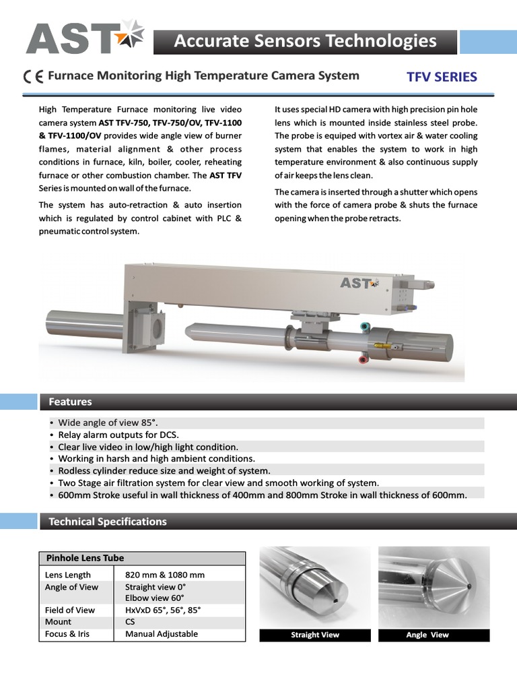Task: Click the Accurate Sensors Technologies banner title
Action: (x=305, y=41)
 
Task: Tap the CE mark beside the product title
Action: (x=33, y=76)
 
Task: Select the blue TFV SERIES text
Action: (x=442, y=76)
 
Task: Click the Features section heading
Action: (x=70, y=402)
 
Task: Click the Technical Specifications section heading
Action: (x=107, y=521)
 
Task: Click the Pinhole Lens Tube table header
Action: (x=85, y=558)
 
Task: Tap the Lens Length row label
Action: (x=68, y=575)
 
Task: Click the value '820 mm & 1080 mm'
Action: (x=165, y=575)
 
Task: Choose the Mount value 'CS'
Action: (x=130, y=622)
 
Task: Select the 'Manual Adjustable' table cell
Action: (x=162, y=633)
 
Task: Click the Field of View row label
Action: (x=70, y=610)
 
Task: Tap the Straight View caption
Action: (x=314, y=635)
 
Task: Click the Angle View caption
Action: (x=427, y=635)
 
